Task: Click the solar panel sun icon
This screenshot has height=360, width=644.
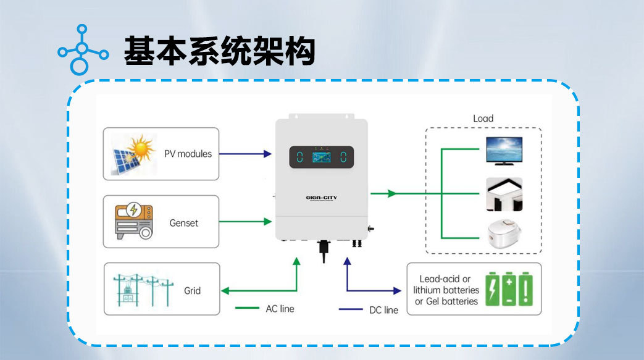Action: coord(132,154)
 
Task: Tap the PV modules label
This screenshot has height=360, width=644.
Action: coord(188,154)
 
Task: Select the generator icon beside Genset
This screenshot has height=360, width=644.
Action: coord(132,221)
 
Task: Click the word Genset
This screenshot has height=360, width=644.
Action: coord(184,222)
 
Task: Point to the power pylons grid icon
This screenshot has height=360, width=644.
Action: coord(143,289)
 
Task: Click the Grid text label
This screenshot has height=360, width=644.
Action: coord(192,290)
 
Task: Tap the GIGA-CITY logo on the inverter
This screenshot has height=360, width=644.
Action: coord(321,198)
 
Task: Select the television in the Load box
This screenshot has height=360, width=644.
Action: coord(504,151)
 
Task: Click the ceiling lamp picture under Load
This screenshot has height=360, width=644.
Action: coord(504,194)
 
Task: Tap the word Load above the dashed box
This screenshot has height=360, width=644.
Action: coord(483,119)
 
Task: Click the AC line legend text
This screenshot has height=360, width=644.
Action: coord(280,308)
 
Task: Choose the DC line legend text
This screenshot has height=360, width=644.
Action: coord(383,309)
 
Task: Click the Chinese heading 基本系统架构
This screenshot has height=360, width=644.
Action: coord(220,51)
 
